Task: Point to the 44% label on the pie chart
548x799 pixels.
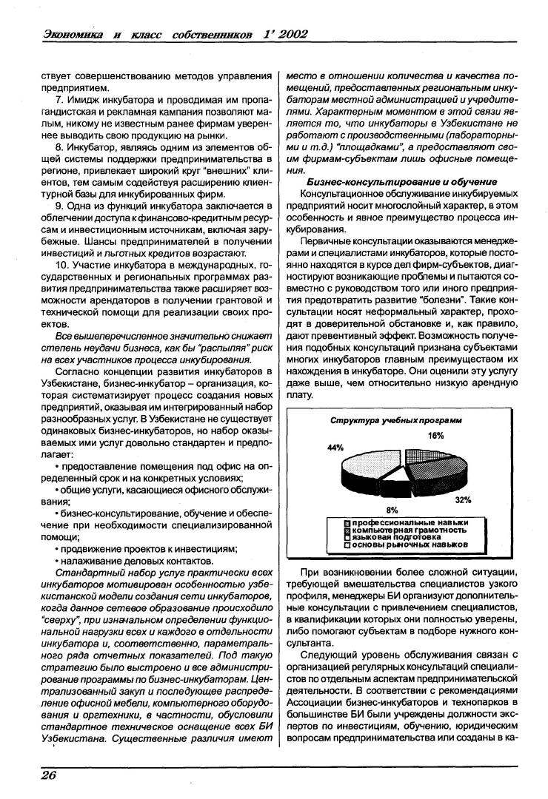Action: [x=335, y=448]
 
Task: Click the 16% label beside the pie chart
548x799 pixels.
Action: [x=435, y=436]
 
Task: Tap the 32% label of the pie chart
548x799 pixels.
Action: [x=464, y=500]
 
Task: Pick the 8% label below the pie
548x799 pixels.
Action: [x=392, y=510]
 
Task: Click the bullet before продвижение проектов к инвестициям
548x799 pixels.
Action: [x=37, y=549]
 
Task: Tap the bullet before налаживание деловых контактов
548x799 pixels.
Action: [x=37, y=562]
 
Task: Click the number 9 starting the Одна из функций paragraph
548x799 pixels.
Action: [x=37, y=205]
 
